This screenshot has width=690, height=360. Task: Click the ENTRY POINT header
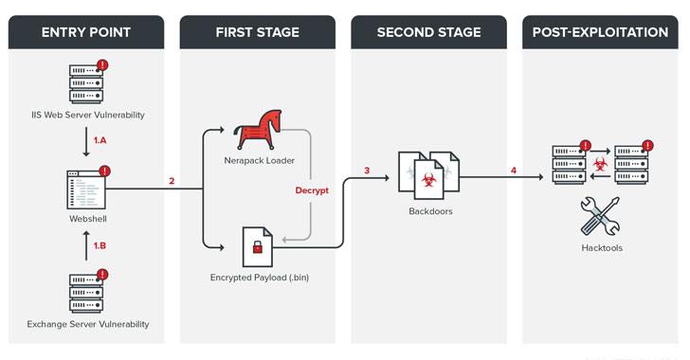[x=86, y=32]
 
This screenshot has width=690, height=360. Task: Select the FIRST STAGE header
[x=258, y=32]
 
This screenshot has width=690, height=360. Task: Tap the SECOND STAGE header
[x=428, y=32]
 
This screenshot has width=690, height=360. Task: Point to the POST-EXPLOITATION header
[x=600, y=32]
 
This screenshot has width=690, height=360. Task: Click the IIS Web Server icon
[x=87, y=82]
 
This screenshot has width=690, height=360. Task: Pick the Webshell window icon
[x=87, y=189]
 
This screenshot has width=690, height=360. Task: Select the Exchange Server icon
[x=87, y=292]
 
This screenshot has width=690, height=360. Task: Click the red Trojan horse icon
[x=258, y=130]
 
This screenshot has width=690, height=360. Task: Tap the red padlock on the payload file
[x=258, y=247]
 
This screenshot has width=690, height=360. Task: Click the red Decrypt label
[x=312, y=190]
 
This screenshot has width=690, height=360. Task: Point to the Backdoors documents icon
[x=428, y=175]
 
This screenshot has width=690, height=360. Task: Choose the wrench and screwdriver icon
[x=600, y=216]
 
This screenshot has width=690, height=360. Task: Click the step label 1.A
[x=100, y=140]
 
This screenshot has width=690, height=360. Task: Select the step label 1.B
[x=100, y=245]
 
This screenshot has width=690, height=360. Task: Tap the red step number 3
[x=367, y=171]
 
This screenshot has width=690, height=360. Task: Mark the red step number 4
[x=514, y=171]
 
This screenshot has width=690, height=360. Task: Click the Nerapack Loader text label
[x=259, y=161]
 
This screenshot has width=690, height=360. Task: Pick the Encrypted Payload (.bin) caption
[x=260, y=278]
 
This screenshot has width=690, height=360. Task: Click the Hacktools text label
[x=602, y=248]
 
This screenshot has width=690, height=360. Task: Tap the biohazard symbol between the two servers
[x=600, y=164]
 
